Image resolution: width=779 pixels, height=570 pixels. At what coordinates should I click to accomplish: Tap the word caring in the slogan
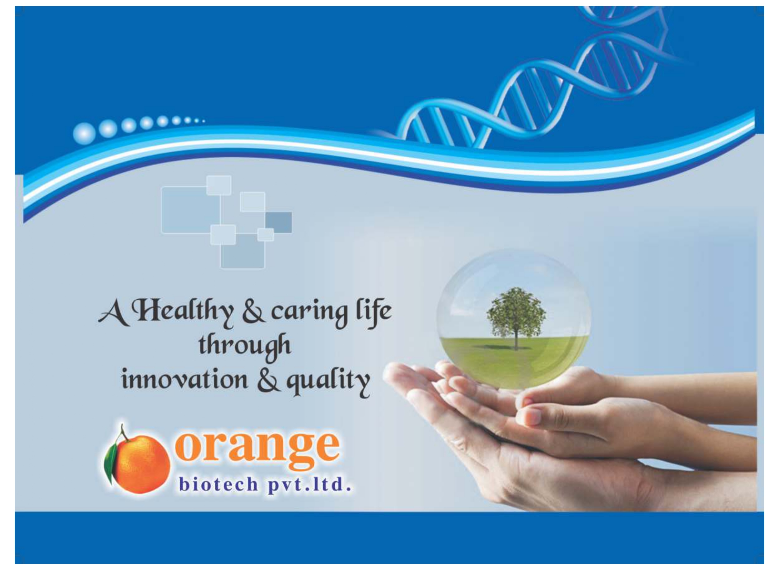pyautogui.click(x=309, y=313)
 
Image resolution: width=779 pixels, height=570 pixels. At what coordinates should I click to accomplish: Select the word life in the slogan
pyautogui.click(x=373, y=312)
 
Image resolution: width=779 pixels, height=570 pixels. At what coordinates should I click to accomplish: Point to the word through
pyautogui.click(x=244, y=346)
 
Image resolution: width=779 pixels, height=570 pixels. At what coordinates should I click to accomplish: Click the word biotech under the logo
pyautogui.click(x=219, y=484)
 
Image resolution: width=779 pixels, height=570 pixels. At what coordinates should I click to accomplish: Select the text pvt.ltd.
pyautogui.click(x=310, y=485)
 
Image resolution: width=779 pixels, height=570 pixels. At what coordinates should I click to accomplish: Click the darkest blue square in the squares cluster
pyautogui.click(x=278, y=222)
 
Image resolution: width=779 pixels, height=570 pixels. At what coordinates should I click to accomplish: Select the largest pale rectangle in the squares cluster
pyautogui.click(x=190, y=210)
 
